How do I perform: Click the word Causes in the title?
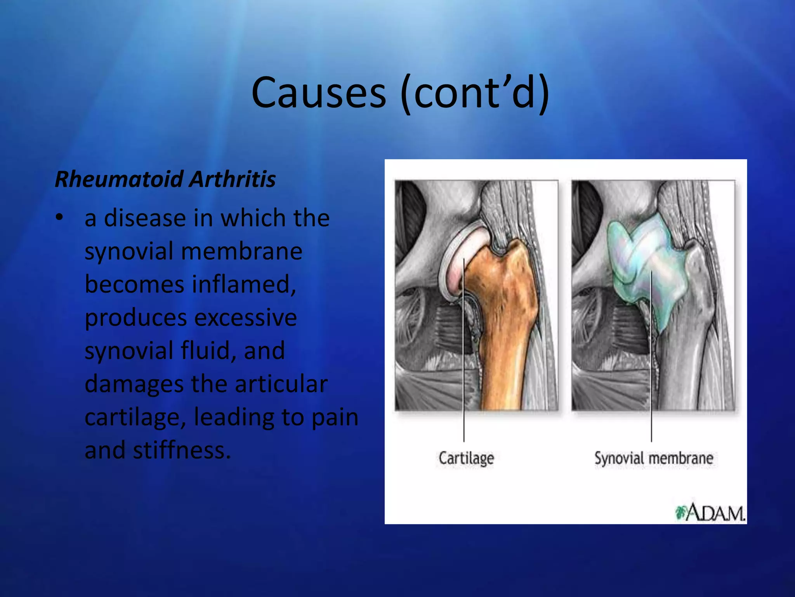coord(318,93)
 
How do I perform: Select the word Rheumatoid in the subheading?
coord(119,180)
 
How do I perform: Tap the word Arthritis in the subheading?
coord(233,180)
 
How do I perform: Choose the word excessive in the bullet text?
coord(245,318)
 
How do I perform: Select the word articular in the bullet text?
coord(281,384)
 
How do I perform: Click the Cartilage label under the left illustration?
coord(466,458)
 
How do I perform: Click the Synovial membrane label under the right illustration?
coord(654,458)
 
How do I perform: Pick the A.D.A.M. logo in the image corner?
coord(710,513)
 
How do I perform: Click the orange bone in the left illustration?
coord(501,330)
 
